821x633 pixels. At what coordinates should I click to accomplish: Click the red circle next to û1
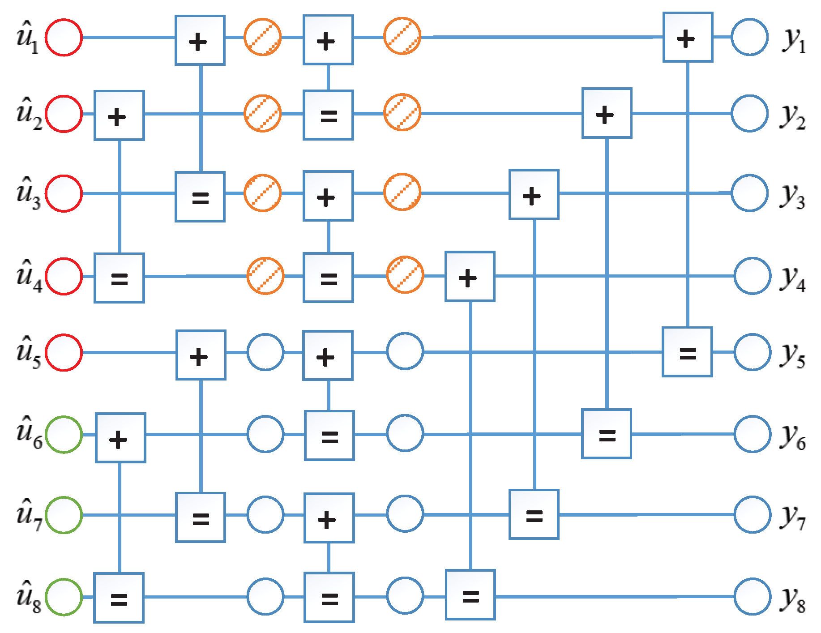tap(64, 38)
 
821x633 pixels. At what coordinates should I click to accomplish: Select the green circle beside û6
tap(64, 434)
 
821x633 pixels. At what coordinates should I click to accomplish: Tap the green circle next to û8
tap(64, 597)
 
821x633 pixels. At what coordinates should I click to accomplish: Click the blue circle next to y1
tap(750, 37)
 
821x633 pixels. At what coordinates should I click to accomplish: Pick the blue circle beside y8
tap(753, 597)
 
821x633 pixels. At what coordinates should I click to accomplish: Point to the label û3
tap(28, 193)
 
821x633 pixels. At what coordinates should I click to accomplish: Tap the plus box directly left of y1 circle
tap(688, 37)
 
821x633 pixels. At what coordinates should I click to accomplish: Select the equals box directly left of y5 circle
tap(687, 352)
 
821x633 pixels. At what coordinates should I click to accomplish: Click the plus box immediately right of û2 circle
tap(119, 115)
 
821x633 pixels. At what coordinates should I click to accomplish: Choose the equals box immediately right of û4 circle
tap(119, 278)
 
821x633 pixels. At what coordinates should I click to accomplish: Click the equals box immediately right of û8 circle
tap(119, 598)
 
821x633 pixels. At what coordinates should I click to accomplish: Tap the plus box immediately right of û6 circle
tap(120, 438)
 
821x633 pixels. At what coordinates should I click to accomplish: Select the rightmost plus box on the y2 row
tap(607, 113)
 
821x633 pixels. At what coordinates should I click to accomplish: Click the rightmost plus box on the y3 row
tap(534, 194)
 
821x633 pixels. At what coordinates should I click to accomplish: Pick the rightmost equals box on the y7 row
tap(534, 514)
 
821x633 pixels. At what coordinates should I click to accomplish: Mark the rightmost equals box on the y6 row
tap(607, 434)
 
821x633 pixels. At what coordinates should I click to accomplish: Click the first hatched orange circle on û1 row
tap(263, 37)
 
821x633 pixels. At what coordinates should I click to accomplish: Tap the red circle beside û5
tap(64, 352)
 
